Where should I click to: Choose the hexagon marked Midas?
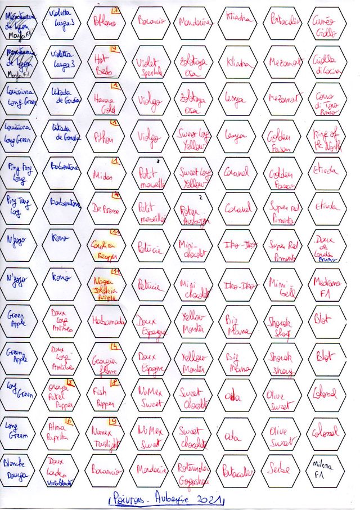[106, 174]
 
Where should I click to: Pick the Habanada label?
[106, 321]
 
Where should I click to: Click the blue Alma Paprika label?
[62, 433]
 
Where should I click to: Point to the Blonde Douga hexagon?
[18, 470]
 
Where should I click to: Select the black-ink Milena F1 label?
[327, 470]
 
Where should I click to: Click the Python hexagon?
[106, 137]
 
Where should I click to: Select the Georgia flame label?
[106, 359]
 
